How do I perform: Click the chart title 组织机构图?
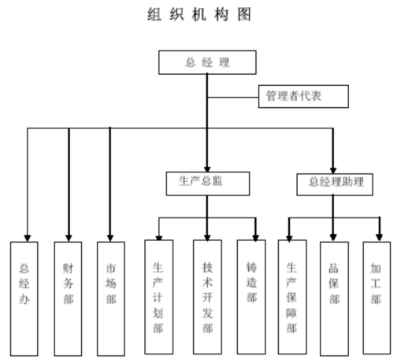(199, 14)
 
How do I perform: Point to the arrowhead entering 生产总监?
(207, 169)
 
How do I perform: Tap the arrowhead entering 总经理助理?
(333, 170)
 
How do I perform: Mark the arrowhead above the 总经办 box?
(28, 239)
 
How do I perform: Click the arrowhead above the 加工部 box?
(379, 237)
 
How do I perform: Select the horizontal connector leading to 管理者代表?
(233, 97)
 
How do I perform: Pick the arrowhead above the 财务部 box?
(69, 239)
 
